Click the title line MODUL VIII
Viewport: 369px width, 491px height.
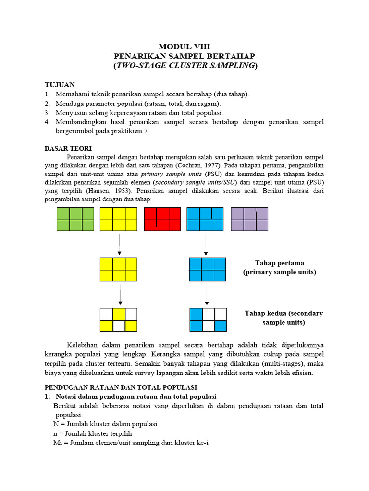185,47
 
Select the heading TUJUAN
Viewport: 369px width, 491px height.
60,84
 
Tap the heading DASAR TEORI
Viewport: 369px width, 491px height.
68,148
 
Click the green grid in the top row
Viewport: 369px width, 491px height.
75,219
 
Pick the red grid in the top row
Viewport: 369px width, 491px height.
162,219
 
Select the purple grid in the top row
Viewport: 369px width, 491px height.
249,219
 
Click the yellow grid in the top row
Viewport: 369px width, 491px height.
118,219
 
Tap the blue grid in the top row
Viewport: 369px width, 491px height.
205,219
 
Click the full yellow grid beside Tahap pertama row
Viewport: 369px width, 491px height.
118,269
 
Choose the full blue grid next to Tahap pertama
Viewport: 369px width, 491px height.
207,269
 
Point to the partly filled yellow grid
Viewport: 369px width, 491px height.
118,320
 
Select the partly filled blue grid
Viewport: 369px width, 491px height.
208,320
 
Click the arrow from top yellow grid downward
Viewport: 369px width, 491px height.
119,245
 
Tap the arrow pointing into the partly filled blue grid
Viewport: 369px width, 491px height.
207,294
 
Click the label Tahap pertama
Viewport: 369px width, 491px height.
279,263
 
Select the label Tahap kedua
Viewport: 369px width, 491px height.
283,313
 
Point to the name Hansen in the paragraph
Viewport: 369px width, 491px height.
98,190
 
